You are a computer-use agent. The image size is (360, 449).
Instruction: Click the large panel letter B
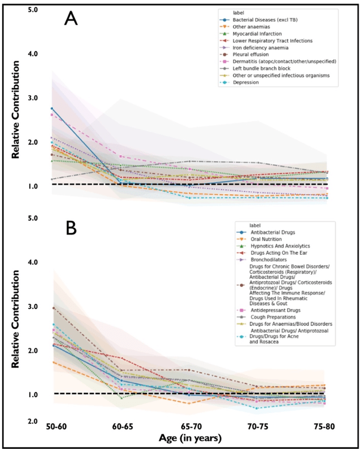71,228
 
